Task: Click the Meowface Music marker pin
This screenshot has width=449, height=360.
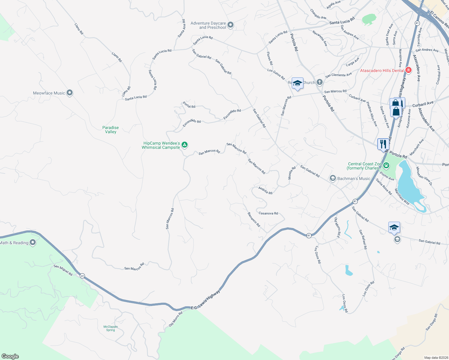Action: (70, 93)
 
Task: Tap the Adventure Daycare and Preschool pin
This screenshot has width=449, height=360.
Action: (231, 25)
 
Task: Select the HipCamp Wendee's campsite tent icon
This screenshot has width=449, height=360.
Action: (185, 145)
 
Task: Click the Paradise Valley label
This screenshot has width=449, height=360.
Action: (110, 130)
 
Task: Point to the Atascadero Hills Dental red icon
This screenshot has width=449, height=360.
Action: (408, 70)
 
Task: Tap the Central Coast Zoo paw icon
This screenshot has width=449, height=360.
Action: (386, 165)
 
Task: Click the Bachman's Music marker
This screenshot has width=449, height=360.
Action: (333, 178)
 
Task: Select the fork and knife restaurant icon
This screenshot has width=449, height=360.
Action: (383, 144)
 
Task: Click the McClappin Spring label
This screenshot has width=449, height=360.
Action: (110, 328)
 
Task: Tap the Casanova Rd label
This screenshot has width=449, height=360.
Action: (268, 213)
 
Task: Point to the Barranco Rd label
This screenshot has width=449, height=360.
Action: (254, 219)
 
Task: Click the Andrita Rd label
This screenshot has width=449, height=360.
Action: (265, 190)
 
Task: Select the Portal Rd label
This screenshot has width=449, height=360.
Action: (189, 105)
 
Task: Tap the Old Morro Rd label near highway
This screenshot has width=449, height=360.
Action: (176, 319)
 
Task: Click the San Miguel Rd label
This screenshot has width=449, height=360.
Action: (63, 270)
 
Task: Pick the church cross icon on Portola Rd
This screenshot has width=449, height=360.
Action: (319, 82)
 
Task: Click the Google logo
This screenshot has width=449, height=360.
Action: (10, 356)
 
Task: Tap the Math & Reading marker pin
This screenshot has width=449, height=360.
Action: (33, 242)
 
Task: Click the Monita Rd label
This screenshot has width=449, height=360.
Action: (290, 173)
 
